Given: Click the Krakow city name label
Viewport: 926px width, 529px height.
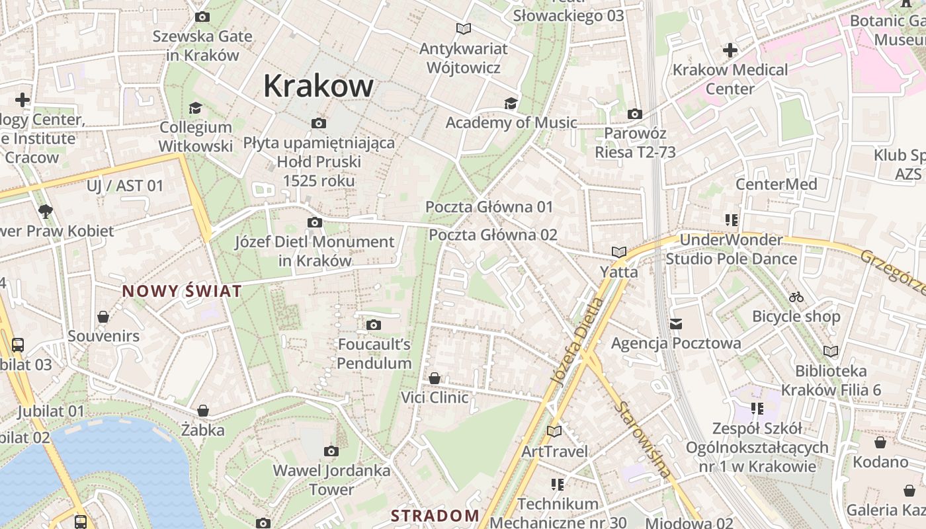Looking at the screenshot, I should (318, 87).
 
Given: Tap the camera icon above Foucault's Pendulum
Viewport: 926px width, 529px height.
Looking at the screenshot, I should (374, 325).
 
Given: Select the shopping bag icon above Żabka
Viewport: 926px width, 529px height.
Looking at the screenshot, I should (203, 411).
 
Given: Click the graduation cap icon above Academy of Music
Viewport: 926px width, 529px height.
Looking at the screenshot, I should (511, 103).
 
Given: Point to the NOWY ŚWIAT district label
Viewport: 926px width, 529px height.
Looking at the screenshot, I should (182, 291).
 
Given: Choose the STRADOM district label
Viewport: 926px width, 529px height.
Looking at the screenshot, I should (435, 515).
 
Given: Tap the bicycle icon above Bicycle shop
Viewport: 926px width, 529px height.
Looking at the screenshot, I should (796, 297).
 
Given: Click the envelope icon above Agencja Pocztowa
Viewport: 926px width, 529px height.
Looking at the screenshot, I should (676, 323).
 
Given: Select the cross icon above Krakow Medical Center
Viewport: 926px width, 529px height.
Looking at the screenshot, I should (730, 50).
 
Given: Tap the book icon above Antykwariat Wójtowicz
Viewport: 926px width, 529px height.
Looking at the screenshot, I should (464, 29).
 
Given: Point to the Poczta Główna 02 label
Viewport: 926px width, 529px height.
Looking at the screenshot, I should (493, 235).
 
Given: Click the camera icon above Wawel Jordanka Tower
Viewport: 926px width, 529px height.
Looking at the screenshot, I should (331, 452).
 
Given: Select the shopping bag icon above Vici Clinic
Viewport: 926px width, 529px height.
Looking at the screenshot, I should (435, 378).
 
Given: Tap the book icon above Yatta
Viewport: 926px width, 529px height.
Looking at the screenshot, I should (619, 252).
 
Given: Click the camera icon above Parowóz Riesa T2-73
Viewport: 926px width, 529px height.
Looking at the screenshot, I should (634, 114).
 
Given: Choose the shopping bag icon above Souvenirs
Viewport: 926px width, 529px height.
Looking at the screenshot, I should (103, 317).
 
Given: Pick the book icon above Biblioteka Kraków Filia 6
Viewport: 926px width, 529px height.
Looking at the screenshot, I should (831, 351).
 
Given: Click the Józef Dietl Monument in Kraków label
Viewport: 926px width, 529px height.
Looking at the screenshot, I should (315, 251).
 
